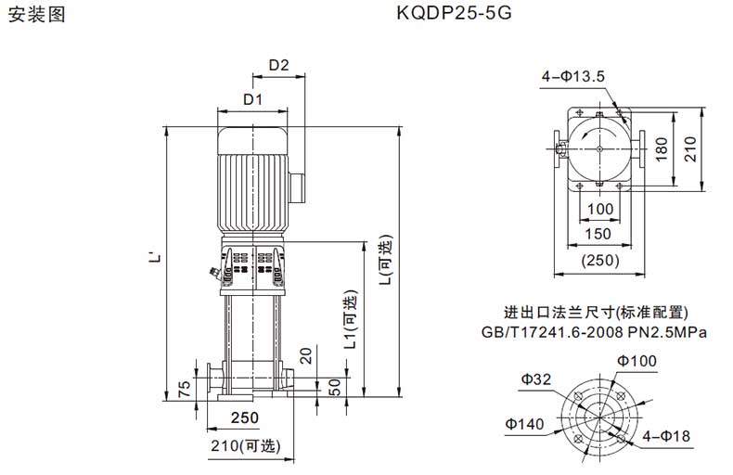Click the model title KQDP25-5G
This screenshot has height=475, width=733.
coord(454,13)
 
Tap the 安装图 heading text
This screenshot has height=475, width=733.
coord(37,15)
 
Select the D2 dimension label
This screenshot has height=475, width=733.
coord(279,65)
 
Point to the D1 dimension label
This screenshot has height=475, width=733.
coord(253,99)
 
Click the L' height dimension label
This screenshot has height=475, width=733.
coord(157,257)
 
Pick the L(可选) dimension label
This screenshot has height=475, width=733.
coord(386,260)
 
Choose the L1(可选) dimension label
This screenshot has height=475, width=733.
coord(351,319)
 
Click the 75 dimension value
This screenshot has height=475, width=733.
coord(186,389)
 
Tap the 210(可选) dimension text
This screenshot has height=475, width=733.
coord(246,445)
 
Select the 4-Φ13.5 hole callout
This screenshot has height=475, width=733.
coord(573,76)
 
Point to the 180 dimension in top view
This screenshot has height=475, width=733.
coord(662,148)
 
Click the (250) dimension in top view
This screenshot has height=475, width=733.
coord(600,260)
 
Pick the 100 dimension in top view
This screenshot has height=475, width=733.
coord(600,209)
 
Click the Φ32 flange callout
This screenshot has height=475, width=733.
coord(536,379)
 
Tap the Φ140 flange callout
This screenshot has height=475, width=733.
coord(524,424)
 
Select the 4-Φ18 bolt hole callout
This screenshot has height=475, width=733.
coord(666,436)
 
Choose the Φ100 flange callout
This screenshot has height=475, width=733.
coord(637,361)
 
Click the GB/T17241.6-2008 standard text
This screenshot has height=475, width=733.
coord(553,332)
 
